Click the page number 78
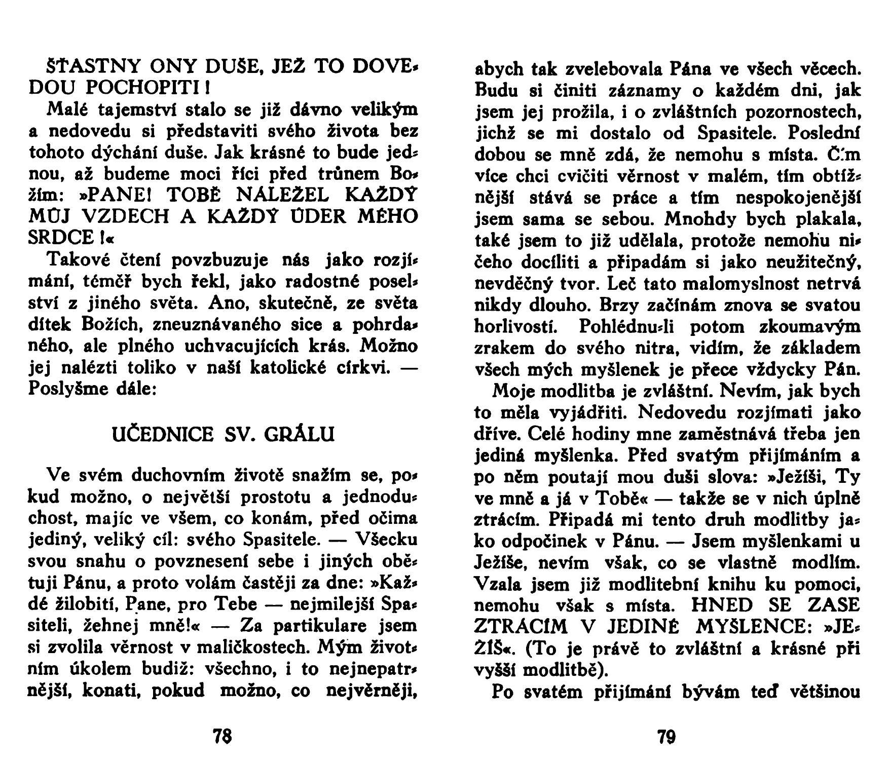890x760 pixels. pyautogui.click(x=223, y=736)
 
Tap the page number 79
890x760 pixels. pyautogui.click(x=667, y=736)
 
